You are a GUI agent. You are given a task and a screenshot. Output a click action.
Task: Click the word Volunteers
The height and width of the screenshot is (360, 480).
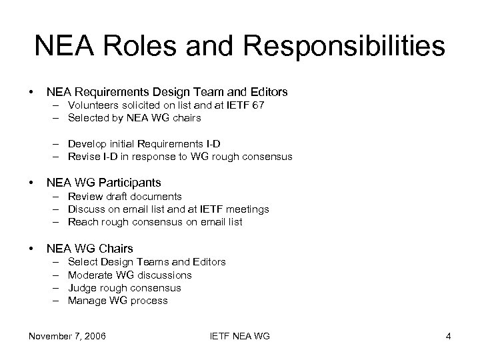(93, 105)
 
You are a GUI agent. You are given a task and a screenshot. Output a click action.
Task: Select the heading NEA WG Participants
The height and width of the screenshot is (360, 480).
(103, 182)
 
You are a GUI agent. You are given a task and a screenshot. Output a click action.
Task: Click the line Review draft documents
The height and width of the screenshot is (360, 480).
(125, 196)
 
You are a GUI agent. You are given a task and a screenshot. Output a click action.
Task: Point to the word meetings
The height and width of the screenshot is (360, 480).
(247, 209)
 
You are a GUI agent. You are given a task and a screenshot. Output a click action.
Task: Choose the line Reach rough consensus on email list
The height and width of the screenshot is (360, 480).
(155, 222)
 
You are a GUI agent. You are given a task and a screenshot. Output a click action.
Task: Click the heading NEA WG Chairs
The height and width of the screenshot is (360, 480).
(89, 249)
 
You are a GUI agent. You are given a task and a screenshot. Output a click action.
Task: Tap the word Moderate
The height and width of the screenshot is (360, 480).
(90, 275)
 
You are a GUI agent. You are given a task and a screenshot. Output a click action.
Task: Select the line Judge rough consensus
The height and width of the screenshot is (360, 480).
(125, 288)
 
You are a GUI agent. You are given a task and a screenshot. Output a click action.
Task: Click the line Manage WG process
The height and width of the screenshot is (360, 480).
(118, 301)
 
